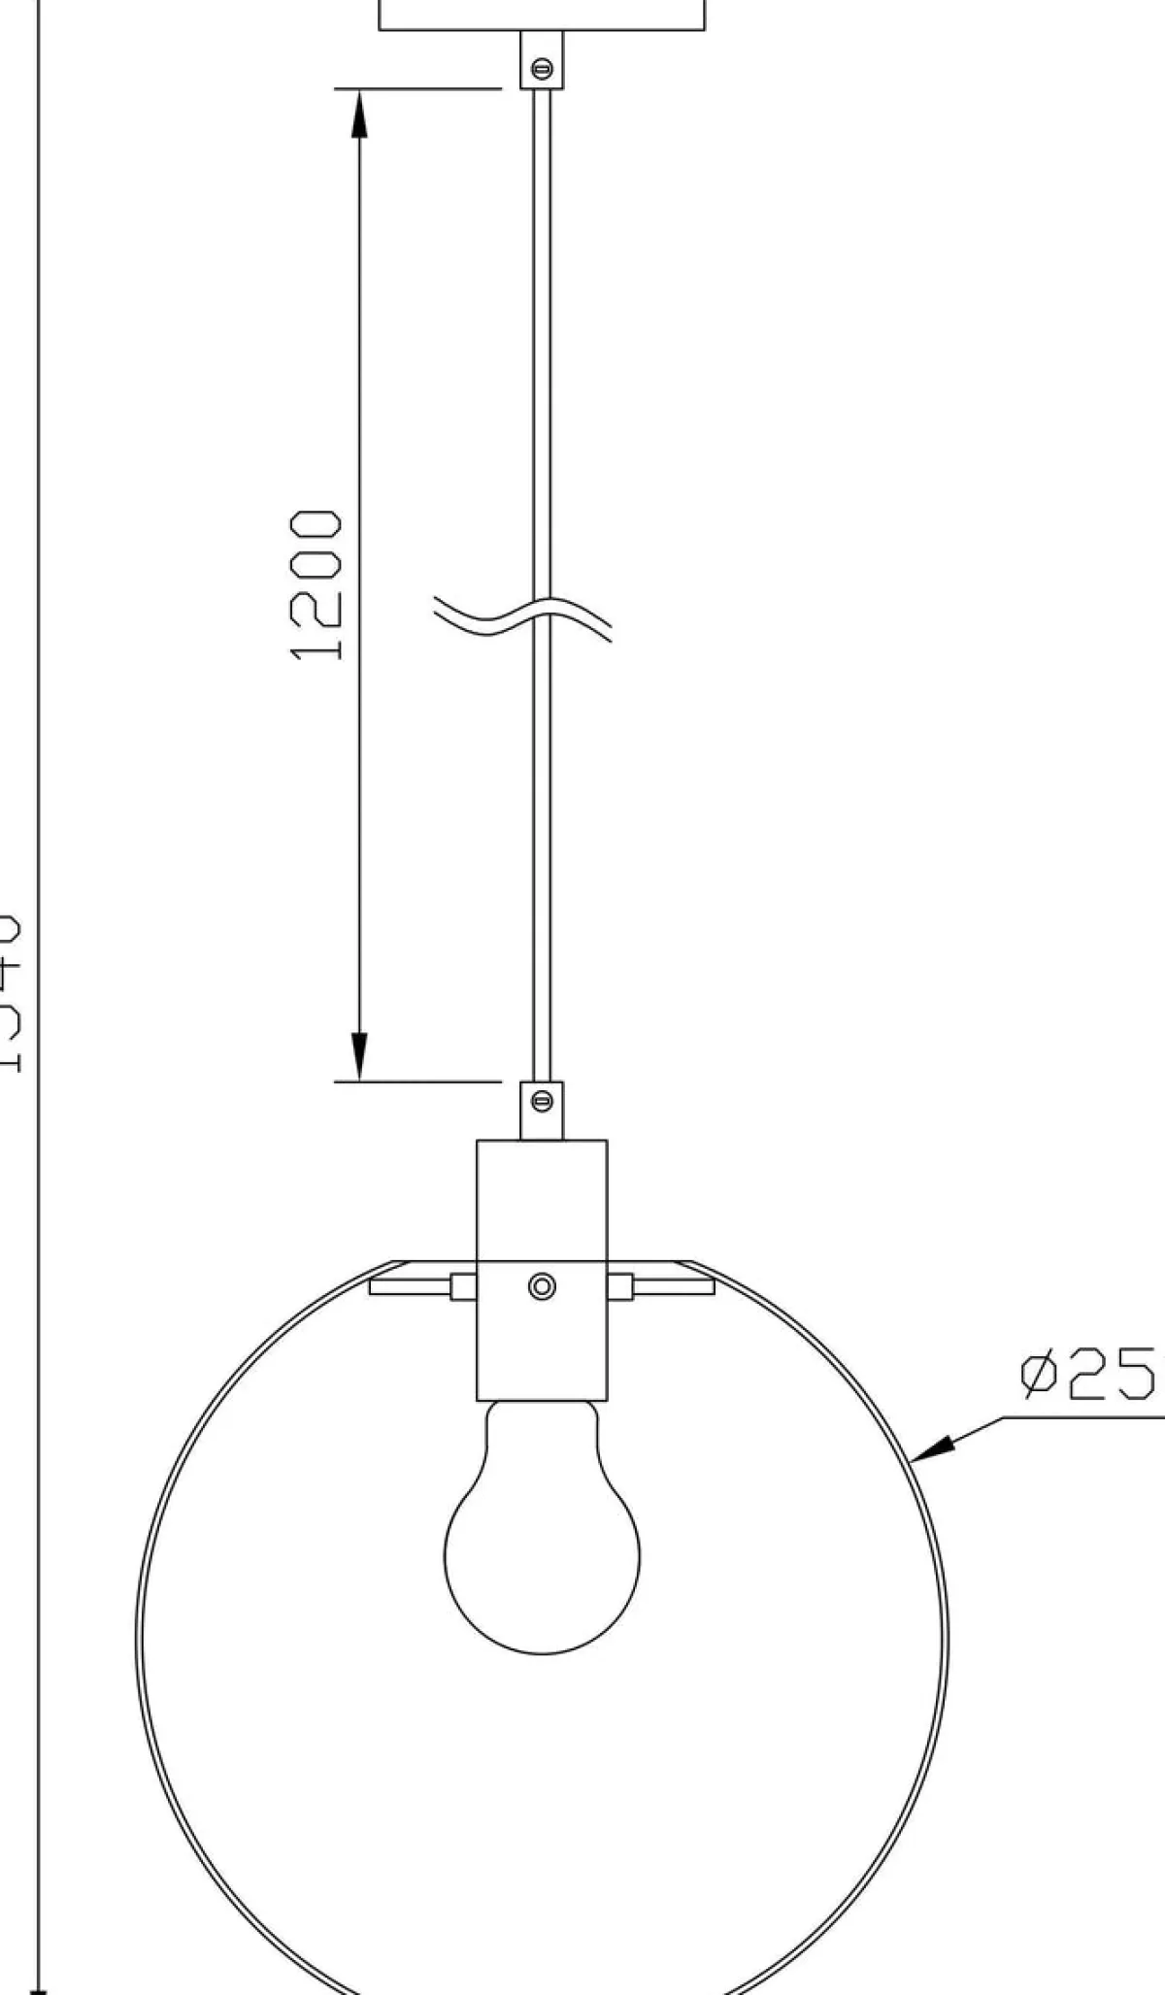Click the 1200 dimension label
pyautogui.click(x=316, y=585)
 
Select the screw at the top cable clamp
pyautogui.click(x=543, y=68)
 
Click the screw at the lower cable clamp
pyautogui.click(x=543, y=1100)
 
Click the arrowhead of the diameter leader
pyautogui.click(x=932, y=1449)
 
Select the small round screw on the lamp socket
pyautogui.click(x=542, y=1286)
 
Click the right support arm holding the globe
pyautogui.click(x=673, y=1287)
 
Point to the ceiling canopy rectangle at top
pyautogui.click(x=542, y=15)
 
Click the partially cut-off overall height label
pyautogui.click(x=10, y=990)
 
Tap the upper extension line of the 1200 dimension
pyautogui.click(x=417, y=89)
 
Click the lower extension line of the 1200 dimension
pyautogui.click(x=417, y=1081)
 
